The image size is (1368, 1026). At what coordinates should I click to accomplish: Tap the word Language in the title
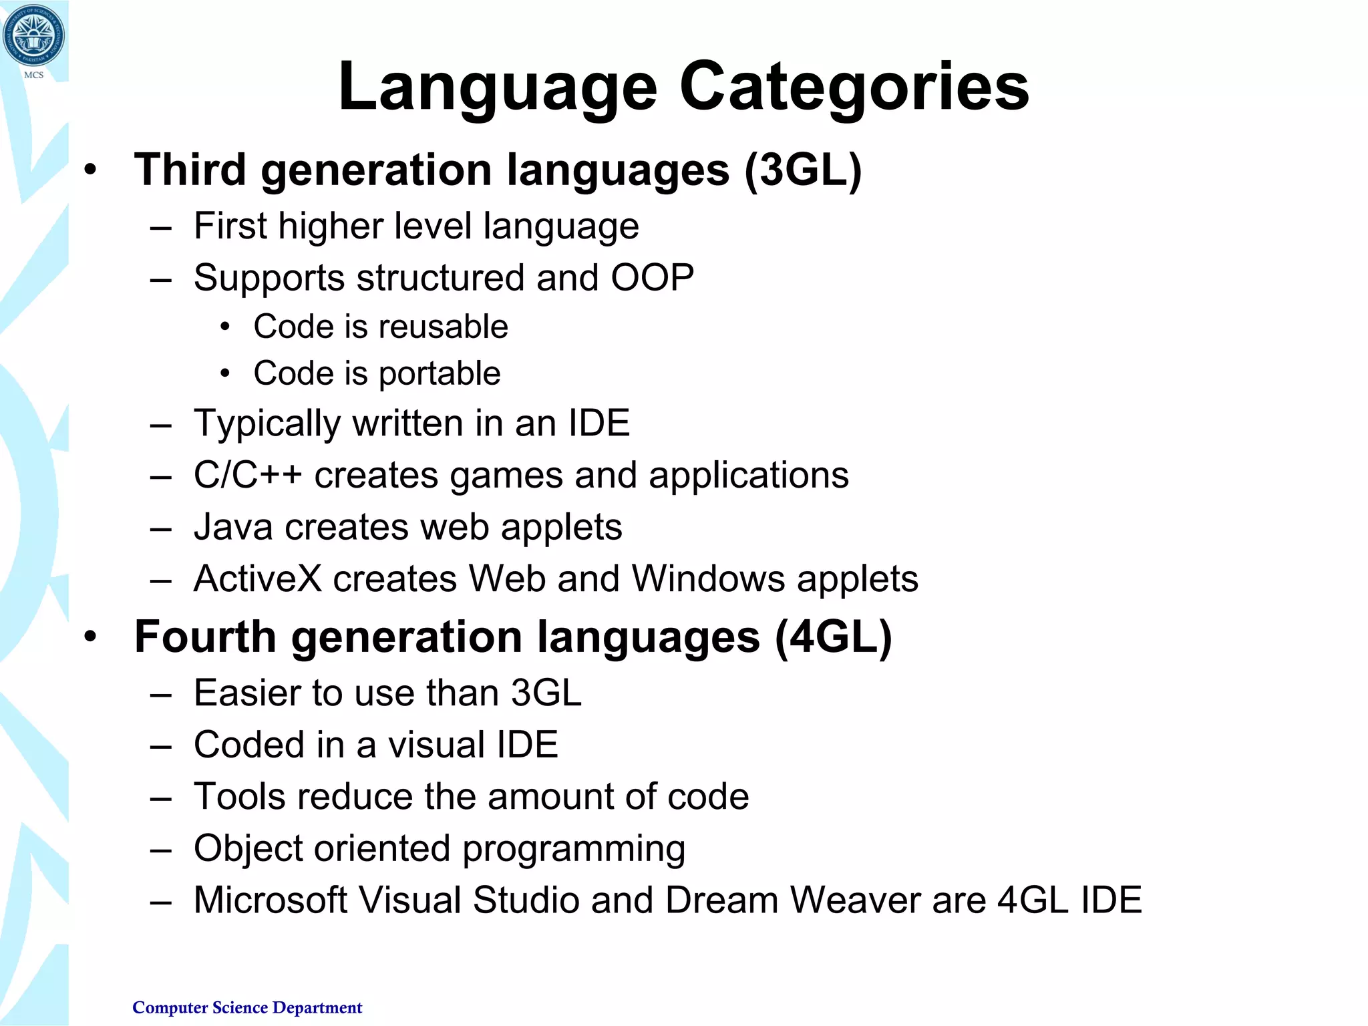(498, 87)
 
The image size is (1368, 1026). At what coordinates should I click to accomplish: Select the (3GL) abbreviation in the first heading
(803, 170)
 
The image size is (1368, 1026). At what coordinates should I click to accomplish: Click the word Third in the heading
(190, 170)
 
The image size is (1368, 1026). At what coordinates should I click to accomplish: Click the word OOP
(652, 278)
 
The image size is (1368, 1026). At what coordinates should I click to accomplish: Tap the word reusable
(444, 327)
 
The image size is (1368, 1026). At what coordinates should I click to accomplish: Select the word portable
(439, 373)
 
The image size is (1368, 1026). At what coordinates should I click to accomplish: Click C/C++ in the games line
(248, 476)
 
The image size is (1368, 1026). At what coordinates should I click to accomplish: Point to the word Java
(233, 527)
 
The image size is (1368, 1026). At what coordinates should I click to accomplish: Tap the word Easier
(254, 693)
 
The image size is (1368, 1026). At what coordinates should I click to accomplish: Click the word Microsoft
(271, 900)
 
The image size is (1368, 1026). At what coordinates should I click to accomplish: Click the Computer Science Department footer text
(247, 1007)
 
